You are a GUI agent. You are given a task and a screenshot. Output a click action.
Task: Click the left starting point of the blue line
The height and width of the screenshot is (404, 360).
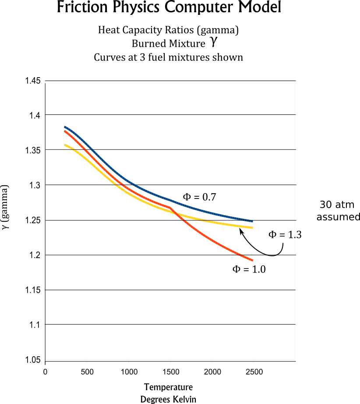(65, 127)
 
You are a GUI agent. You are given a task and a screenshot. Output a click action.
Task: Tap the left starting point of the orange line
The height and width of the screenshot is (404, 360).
(65, 131)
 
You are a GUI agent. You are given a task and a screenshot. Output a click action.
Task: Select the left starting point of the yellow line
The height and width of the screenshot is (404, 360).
(65, 145)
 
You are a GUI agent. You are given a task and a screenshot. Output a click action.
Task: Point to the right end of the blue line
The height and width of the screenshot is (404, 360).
(253, 221)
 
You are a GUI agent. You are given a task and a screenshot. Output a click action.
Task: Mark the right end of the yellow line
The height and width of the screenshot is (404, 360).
(253, 227)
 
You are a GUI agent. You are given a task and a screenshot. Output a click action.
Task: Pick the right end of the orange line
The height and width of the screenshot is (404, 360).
(253, 260)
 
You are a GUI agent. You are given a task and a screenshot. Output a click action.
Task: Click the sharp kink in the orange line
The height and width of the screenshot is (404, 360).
(170, 208)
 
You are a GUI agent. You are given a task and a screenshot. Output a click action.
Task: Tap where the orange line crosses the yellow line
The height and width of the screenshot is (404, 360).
(177, 213)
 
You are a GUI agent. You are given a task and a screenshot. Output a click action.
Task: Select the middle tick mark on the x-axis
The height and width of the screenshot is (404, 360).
(170, 361)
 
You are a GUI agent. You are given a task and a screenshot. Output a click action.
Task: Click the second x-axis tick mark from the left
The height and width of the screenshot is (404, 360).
(87, 361)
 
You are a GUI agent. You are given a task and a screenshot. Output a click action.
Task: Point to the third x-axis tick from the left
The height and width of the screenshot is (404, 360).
(128, 361)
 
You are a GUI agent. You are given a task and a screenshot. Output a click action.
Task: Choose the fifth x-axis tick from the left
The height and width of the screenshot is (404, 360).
(212, 361)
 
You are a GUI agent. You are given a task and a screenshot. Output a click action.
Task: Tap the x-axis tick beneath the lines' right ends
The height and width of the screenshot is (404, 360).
(253, 361)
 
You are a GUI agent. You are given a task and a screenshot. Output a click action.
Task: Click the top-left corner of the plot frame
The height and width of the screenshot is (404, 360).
(46, 81)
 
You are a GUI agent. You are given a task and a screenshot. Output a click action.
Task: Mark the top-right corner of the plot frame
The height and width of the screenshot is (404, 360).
(294, 81)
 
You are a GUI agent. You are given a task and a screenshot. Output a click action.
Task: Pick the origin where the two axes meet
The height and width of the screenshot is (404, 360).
(46, 359)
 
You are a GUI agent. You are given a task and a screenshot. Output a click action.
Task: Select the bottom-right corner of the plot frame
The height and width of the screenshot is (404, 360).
(294, 359)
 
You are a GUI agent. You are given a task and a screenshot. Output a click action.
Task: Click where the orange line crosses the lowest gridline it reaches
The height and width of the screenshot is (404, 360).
(239, 255)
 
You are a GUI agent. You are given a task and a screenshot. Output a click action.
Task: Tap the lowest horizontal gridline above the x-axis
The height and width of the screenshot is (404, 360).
(170, 324)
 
